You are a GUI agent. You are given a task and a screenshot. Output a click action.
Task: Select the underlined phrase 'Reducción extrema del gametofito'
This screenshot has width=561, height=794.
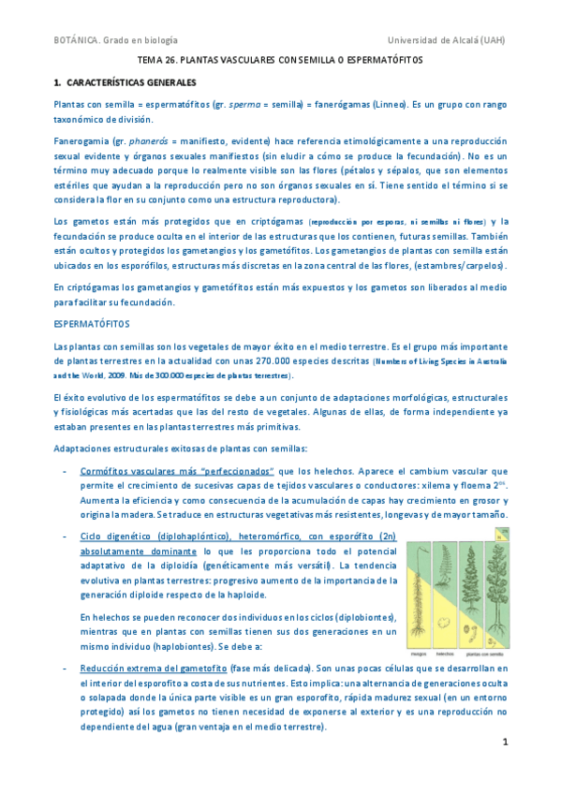click(x=155, y=669)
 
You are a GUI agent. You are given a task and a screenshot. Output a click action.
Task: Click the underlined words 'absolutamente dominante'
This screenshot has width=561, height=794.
click(x=132, y=552)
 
